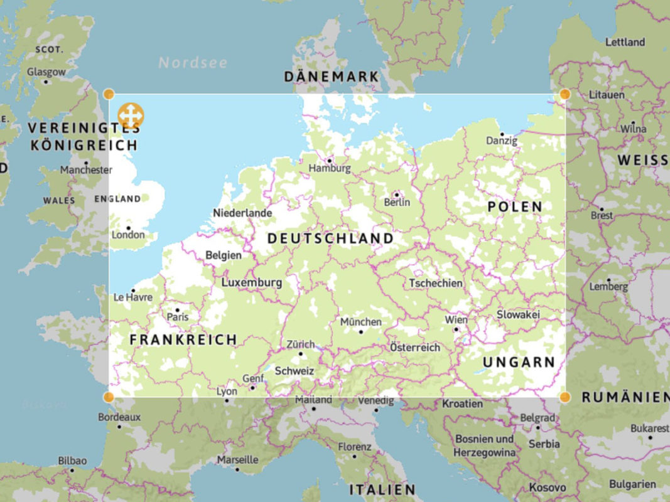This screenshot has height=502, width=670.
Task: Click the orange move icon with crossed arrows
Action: [x=131, y=115]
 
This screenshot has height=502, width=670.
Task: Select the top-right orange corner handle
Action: [x=565, y=94]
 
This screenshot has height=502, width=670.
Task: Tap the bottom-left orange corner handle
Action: [x=109, y=397]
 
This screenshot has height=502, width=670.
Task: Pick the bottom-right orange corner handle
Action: [x=565, y=397]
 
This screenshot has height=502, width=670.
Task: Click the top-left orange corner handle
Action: [x=109, y=94]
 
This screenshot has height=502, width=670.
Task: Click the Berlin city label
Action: [x=397, y=202]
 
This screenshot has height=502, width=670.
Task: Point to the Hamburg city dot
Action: [x=329, y=160]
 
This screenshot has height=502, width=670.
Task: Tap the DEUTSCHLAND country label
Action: [x=330, y=239]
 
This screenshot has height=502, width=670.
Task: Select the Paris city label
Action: [x=178, y=318]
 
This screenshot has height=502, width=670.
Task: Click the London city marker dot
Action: [x=129, y=228]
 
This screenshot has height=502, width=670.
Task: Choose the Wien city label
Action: [x=456, y=320]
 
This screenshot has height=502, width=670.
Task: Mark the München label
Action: [x=360, y=322]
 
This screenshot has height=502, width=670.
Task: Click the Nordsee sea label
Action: [x=193, y=63]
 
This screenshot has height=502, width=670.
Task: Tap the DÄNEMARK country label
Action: [x=332, y=77]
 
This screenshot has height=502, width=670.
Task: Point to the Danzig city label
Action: [x=502, y=141]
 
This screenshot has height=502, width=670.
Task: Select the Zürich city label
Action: [x=300, y=344]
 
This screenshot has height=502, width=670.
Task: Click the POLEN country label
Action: [x=515, y=206]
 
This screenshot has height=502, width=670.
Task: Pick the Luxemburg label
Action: [x=252, y=283]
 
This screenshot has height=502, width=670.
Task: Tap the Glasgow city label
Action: [x=46, y=72]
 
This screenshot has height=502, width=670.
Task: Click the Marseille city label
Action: [x=237, y=460]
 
